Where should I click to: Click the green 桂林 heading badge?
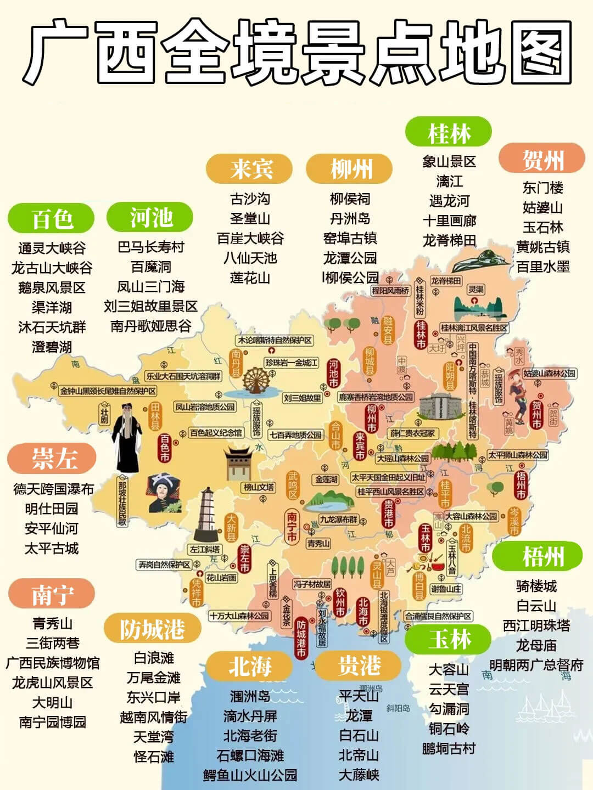448,133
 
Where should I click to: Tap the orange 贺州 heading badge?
542,159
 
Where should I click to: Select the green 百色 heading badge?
52,218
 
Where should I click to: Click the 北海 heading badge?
250,667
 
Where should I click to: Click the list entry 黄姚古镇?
542,247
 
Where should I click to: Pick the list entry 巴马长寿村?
151,247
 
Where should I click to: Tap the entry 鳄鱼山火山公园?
250,775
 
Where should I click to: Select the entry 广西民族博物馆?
53,663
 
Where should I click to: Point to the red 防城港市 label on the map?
301,638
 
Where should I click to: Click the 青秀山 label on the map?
318,543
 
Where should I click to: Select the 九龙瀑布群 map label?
339,519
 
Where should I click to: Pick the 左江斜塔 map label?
204,549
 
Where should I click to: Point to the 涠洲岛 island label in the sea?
372,688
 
